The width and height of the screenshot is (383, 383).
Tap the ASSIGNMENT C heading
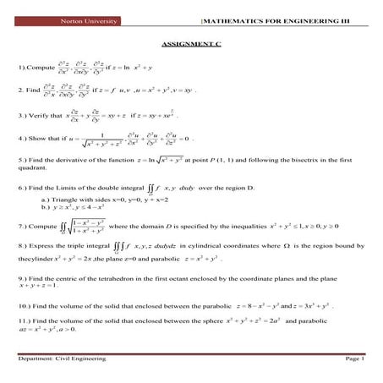point(190,43)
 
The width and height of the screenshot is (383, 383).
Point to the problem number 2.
point(20,89)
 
